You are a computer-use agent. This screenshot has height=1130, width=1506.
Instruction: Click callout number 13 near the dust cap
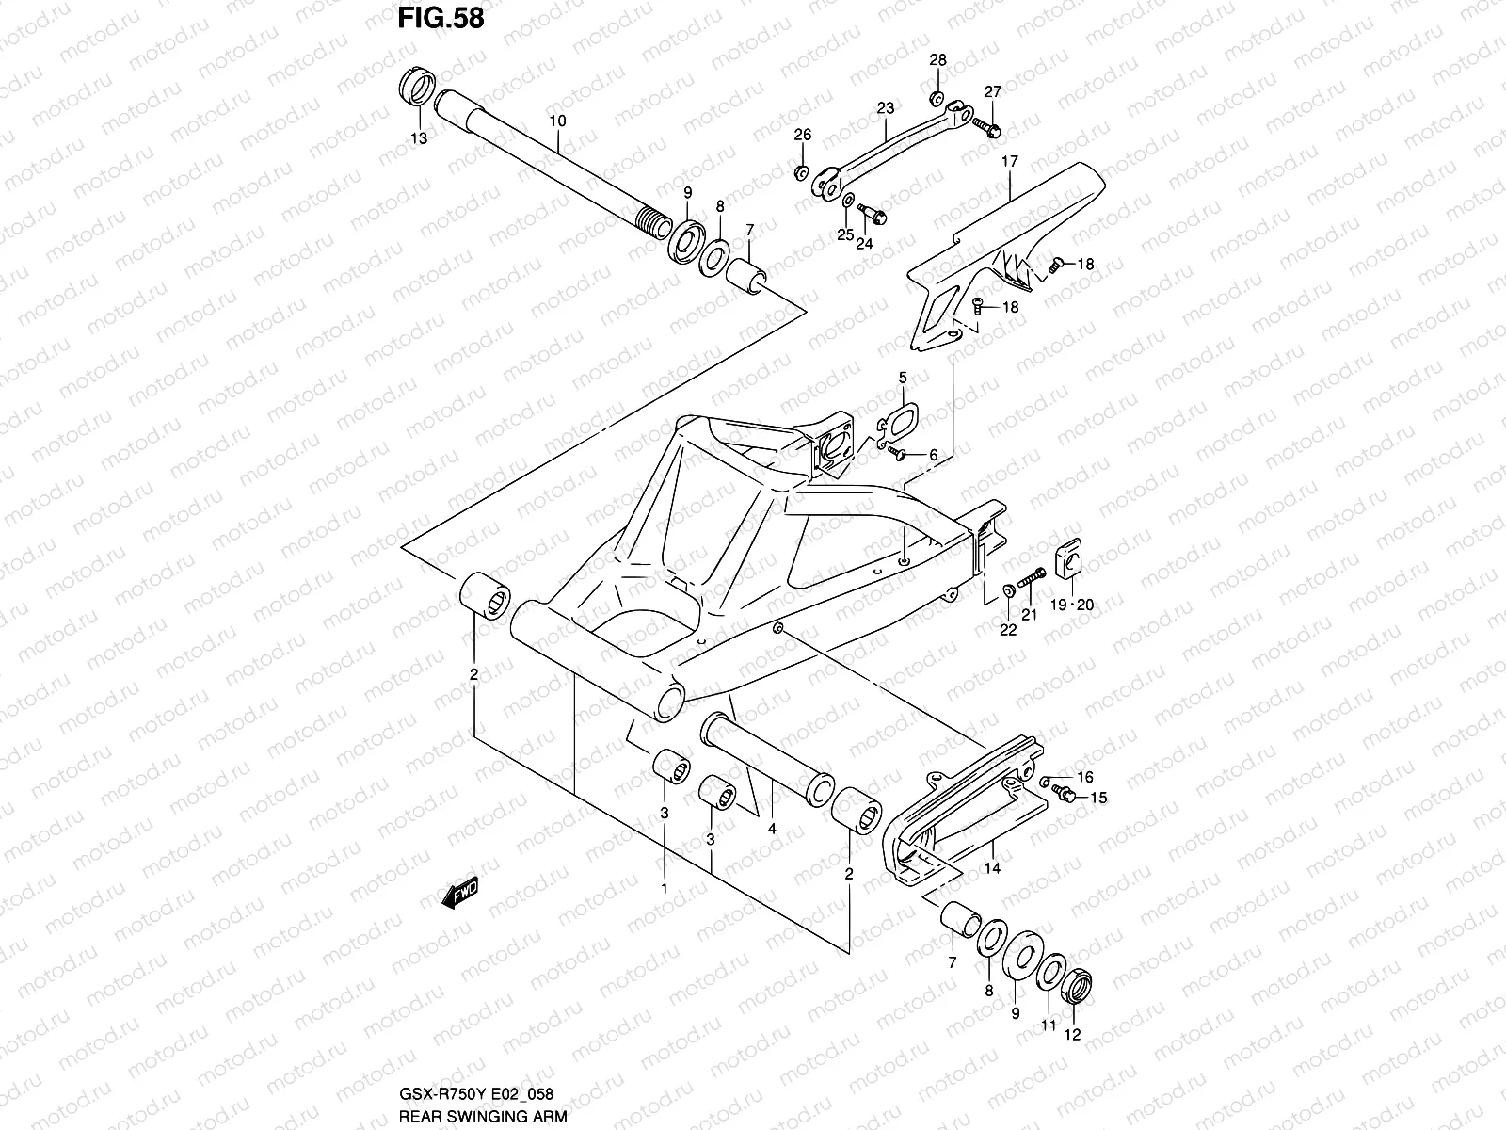tap(418, 138)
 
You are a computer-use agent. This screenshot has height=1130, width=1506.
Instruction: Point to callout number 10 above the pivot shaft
tap(557, 121)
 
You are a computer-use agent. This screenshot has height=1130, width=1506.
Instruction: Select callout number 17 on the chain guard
tap(1009, 162)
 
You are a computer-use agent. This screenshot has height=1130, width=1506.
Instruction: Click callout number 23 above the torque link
tap(885, 108)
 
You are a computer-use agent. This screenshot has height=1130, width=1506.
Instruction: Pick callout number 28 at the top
tap(938, 60)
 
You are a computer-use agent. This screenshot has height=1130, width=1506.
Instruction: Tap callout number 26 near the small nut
tap(802, 136)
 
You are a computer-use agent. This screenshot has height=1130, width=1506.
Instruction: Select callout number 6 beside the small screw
tap(933, 456)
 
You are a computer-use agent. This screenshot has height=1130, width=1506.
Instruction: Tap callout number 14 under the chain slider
tap(992, 869)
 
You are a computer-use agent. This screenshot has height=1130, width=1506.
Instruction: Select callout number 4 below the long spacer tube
tap(771, 830)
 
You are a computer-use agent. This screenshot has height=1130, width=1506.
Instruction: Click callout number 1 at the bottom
tap(664, 888)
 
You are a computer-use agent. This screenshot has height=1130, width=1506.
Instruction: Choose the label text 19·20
tap(1072, 605)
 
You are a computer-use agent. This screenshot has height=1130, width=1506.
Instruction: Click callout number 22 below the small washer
tap(1008, 630)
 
